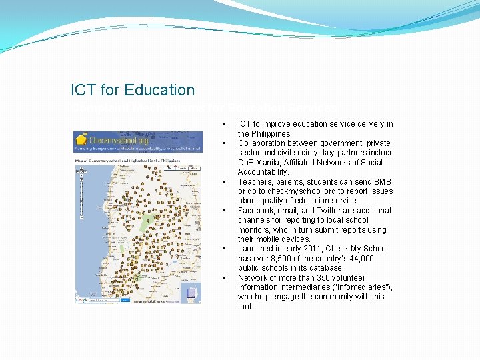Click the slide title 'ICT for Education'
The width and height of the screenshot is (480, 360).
tap(133, 90)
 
